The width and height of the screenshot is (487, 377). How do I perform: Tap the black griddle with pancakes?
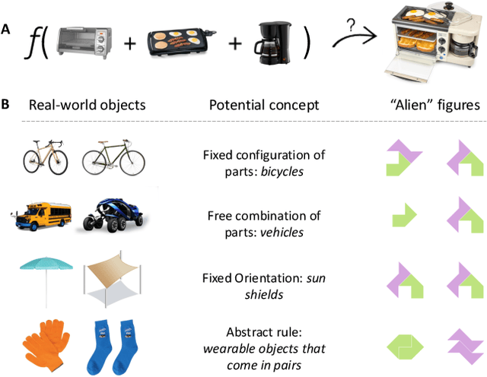pyautogui.click(x=180, y=40)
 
